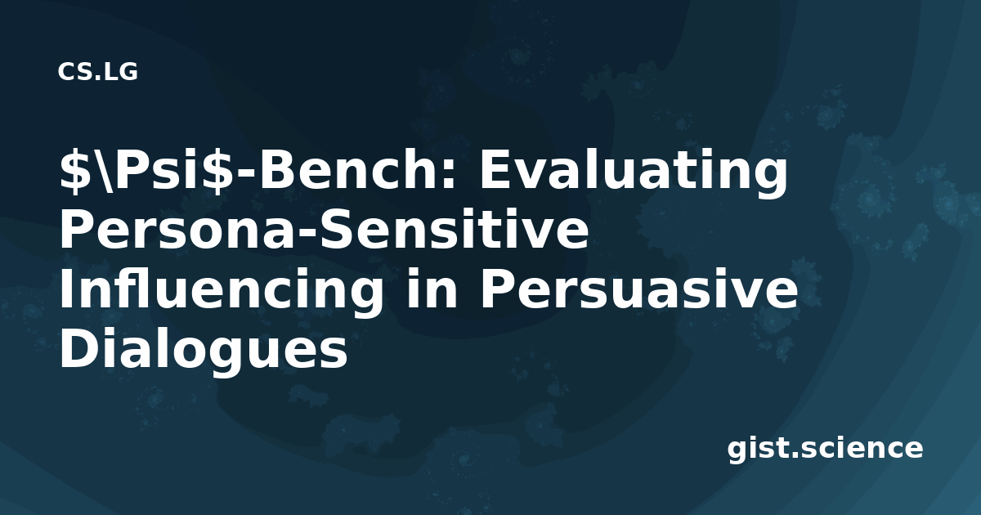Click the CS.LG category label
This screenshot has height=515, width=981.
point(97,72)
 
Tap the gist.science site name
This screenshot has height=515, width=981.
point(825,450)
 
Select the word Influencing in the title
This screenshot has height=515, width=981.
point(222,291)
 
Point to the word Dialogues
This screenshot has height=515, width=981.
point(204,350)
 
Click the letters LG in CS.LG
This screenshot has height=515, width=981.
point(119,72)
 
